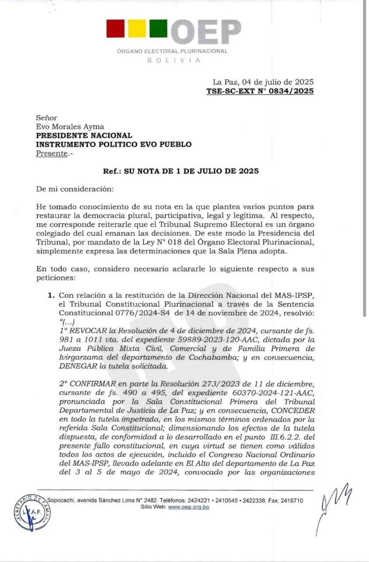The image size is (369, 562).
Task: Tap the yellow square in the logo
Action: tap(137, 29)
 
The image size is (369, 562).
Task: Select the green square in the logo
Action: tap(158, 29)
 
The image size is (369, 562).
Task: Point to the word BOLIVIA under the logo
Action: tap(173, 60)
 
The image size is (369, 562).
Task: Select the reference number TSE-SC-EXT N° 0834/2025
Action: tap(260, 91)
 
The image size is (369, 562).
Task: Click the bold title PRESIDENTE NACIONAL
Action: tap(84, 135)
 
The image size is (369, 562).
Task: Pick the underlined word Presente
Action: tap(52, 153)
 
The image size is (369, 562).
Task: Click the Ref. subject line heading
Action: tap(181, 171)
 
